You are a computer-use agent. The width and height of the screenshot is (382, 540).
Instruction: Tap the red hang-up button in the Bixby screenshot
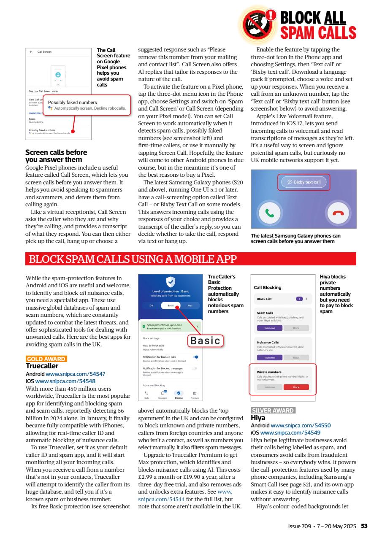[338, 213]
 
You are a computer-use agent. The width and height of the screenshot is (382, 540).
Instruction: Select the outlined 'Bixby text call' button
[304, 182]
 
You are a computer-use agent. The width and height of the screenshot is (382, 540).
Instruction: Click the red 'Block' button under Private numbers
[296, 387]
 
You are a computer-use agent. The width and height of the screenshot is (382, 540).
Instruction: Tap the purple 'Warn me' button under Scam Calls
[270, 328]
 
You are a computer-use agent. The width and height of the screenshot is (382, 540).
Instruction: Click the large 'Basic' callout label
[206, 340]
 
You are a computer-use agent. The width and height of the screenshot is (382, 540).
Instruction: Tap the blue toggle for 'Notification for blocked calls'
[195, 357]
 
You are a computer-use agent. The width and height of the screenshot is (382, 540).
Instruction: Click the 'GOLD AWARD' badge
[46, 359]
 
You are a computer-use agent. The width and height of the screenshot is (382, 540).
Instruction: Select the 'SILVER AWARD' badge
[273, 410]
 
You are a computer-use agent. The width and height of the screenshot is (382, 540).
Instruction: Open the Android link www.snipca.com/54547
[75, 374]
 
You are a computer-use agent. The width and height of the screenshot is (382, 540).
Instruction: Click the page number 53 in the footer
[364, 526]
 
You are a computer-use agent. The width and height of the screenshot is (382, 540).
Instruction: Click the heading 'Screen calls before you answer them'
[56, 156]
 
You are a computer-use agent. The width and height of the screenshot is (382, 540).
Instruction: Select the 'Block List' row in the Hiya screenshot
[282, 299]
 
